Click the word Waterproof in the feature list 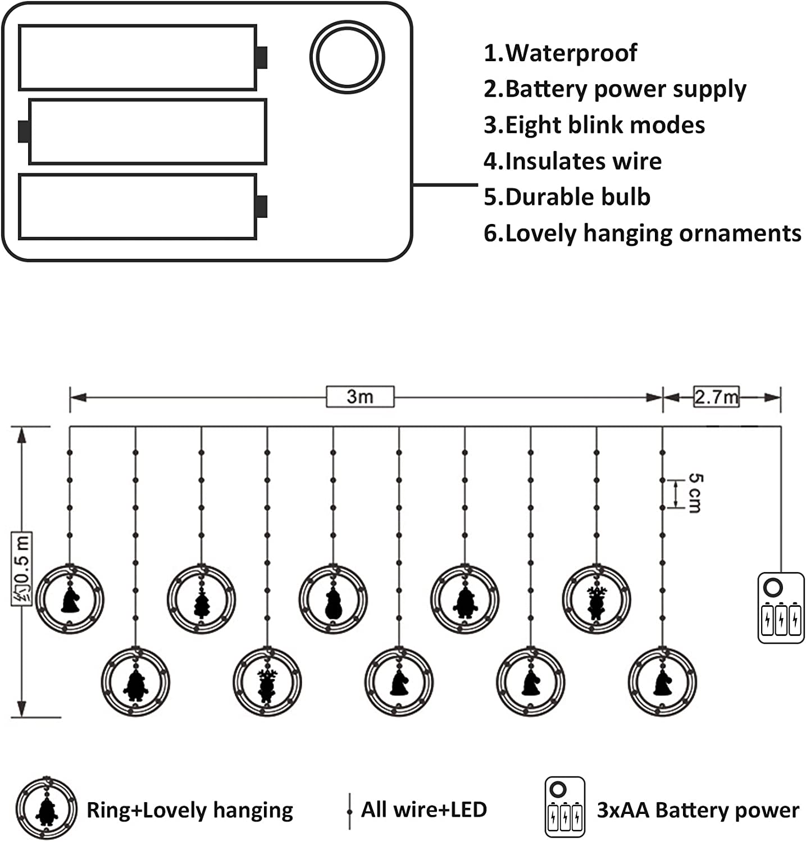coord(571,53)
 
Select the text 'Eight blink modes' coord(605,125)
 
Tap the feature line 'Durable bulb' coord(577,197)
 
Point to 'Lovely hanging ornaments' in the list coord(653,234)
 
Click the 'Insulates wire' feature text coord(583,161)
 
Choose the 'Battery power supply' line coord(626,90)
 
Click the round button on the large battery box coord(347,57)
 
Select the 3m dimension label coord(360,396)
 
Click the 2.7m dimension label coord(716,397)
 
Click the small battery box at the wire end coord(781,607)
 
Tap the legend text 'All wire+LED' coord(424,810)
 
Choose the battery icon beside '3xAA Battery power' coord(564,807)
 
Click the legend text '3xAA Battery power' coord(698,811)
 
